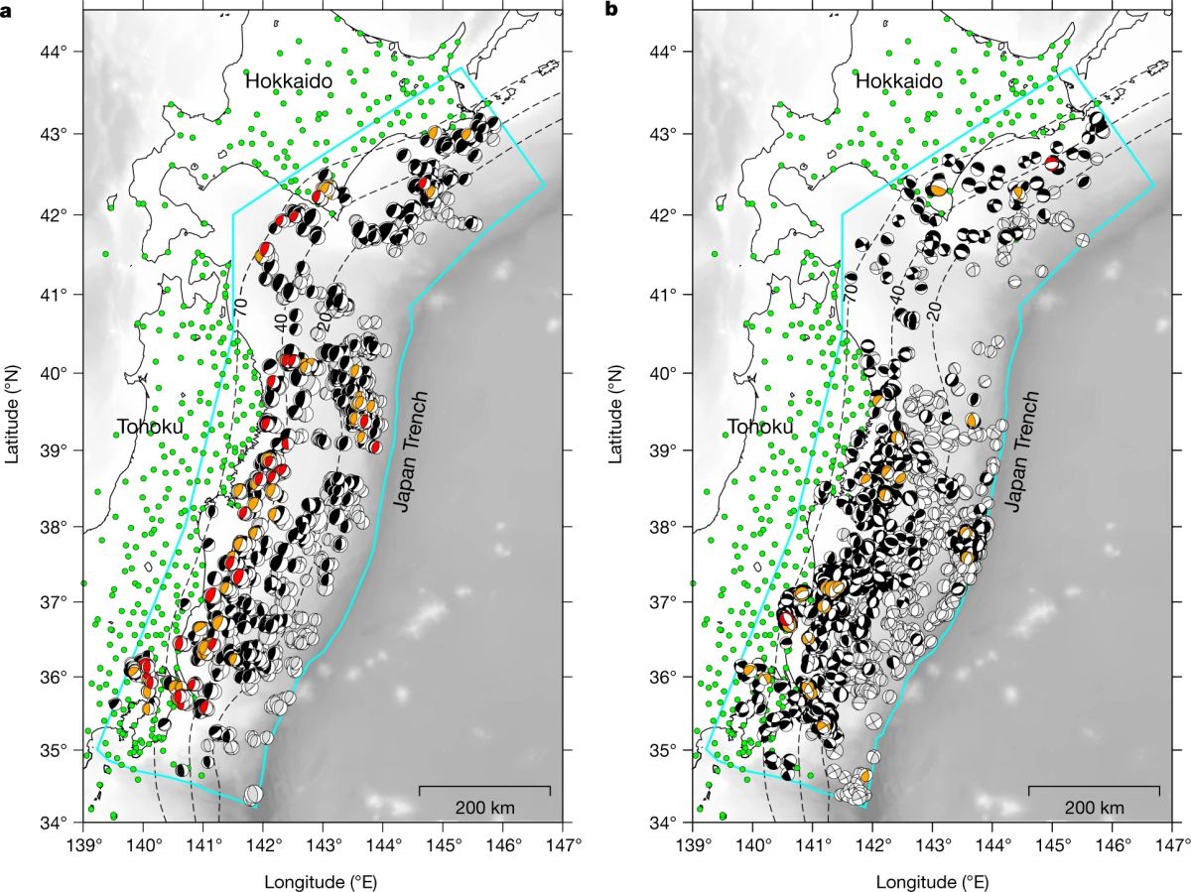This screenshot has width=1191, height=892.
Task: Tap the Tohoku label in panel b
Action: click(759, 428)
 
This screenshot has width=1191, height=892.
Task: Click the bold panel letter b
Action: click(611, 10)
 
